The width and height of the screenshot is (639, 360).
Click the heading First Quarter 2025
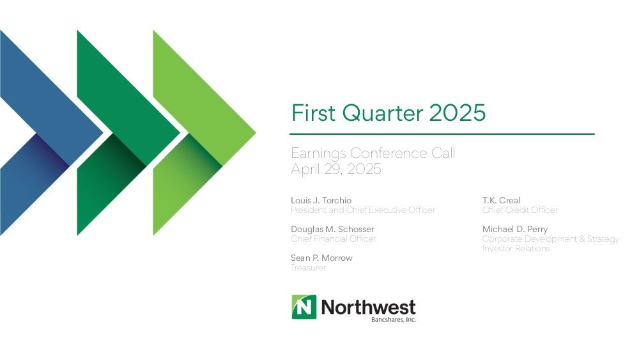point(389,113)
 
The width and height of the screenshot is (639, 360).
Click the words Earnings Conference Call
point(373,153)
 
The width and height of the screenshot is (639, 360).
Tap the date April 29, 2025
point(336,169)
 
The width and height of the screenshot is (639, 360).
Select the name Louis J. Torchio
point(321,200)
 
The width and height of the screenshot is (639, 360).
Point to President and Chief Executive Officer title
point(363,210)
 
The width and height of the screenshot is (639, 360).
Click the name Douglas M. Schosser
point(332,229)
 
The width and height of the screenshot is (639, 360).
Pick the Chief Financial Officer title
point(334,239)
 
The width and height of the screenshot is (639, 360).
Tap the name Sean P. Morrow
point(321,258)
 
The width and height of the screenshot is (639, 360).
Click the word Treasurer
point(309,268)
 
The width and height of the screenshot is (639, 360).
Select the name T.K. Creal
point(501,200)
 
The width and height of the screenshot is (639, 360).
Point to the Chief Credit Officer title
point(520,210)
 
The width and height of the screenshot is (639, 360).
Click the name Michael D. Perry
point(515,229)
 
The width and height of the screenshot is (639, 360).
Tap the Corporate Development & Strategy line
point(551,239)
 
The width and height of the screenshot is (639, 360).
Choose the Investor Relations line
point(516,248)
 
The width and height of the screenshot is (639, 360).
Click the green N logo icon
point(304,307)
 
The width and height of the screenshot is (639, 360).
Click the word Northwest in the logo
point(369,307)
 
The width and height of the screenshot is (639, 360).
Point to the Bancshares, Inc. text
point(393,320)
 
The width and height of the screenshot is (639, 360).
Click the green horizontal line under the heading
point(442,134)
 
